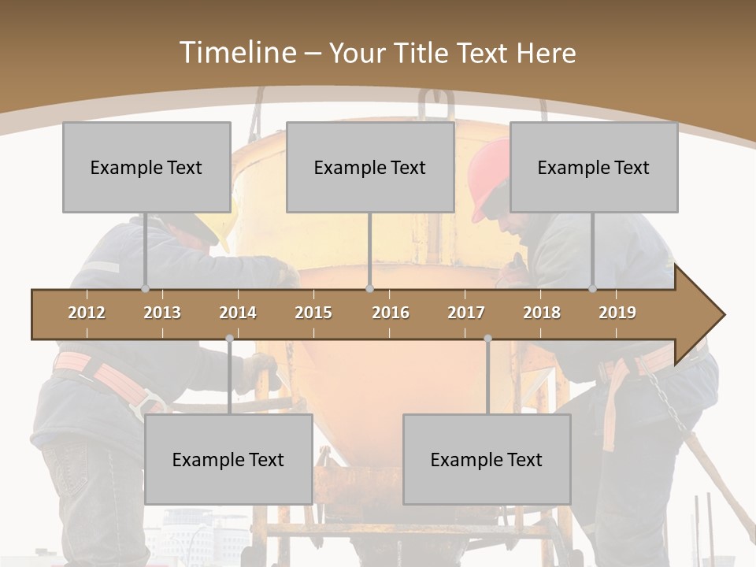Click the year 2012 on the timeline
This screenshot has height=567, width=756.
coord(87,313)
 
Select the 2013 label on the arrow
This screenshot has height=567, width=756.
coord(162,313)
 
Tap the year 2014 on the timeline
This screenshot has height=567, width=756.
coord(238,313)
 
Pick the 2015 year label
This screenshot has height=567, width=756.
coord(313,313)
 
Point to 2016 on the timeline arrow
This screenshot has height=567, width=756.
coord(391,313)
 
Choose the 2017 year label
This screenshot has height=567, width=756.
coord(466,313)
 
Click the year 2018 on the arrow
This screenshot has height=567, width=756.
coord(542,313)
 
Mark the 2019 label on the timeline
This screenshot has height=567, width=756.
coord(617,313)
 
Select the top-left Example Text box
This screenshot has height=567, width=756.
coord(146,167)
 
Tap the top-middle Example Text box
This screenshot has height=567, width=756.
coord(370,167)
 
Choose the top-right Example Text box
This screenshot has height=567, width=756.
coord(594,167)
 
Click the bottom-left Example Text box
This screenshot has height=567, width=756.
coord(228,459)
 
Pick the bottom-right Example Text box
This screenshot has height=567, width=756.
coord(487,459)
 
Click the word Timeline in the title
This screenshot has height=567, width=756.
coord(236,53)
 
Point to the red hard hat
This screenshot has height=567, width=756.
coord(488,177)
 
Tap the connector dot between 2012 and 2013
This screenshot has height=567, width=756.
coord(145,289)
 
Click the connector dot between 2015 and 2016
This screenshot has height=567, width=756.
coord(370,289)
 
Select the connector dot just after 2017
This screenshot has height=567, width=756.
coord(487,339)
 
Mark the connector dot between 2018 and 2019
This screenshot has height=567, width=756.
coord(593,289)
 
